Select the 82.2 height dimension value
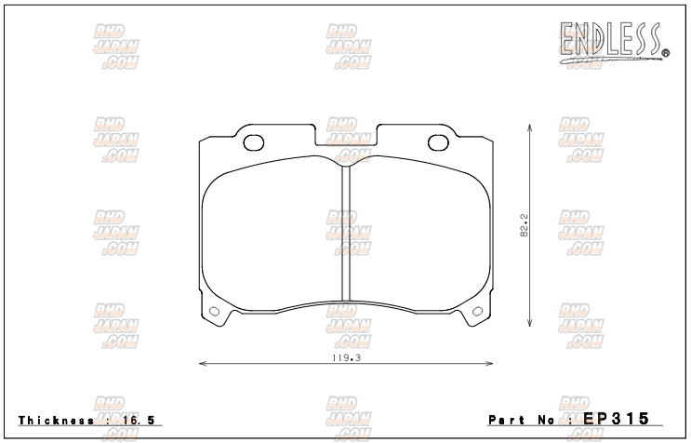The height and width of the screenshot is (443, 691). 525,225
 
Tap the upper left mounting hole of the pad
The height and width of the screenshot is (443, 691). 253,142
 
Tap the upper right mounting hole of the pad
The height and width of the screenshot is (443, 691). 436,142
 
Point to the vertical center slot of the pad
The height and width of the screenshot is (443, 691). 345,233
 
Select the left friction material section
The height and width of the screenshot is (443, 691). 272,233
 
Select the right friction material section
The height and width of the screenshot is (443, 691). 419,233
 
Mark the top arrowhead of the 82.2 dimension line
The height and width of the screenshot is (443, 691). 529,125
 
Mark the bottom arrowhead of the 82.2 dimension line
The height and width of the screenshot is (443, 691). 529,325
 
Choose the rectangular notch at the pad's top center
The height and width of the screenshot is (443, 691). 345,137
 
